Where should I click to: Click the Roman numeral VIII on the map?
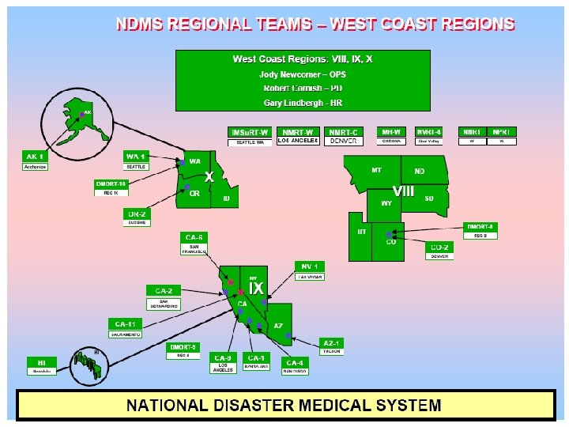[x=403, y=191]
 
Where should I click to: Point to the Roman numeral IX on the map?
[x=257, y=289]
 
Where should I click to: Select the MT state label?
[x=376, y=170]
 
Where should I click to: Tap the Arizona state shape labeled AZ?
[x=279, y=327]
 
